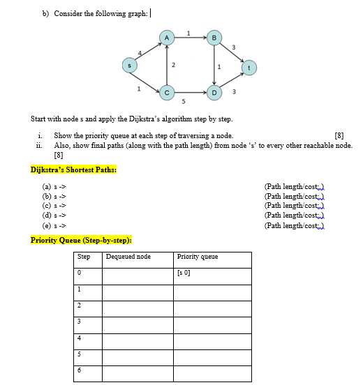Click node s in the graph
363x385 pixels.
127,65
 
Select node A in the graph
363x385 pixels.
166,36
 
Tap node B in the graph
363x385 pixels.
215,36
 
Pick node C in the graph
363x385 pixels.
166,91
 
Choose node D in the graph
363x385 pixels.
215,91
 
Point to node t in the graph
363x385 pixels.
249,68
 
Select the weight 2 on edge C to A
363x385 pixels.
174,64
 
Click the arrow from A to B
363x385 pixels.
190,36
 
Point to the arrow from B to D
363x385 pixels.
215,64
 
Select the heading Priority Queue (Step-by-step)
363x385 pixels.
81,240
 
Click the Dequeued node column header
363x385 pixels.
128,257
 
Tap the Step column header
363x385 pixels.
84,257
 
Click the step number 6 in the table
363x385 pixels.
80,370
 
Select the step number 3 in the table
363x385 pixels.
80,322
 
